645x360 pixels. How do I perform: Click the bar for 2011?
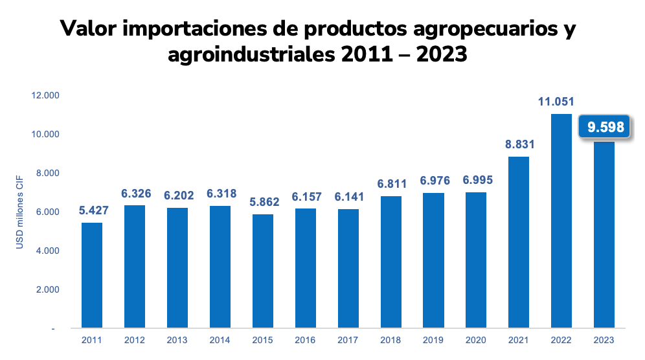click(92, 275)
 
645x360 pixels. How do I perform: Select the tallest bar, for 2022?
click(561, 221)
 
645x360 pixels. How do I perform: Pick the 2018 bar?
click(391, 262)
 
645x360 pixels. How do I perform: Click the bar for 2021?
click(519, 242)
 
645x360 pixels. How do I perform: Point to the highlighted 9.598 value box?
click(605, 127)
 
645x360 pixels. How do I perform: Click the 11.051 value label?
click(556, 102)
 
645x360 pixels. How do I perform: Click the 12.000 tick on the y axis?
click(45, 96)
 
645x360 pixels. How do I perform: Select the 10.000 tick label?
click(45, 135)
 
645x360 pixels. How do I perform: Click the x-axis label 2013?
click(177, 339)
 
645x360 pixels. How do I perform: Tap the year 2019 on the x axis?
click(433, 339)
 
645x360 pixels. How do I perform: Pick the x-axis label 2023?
click(604, 339)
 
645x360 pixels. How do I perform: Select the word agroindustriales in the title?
click(249, 56)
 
